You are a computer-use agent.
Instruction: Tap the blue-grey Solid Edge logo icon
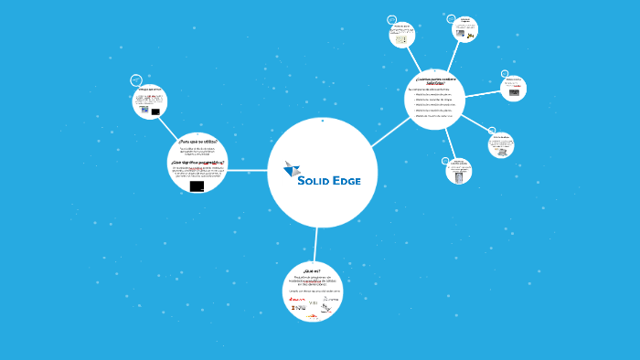292,169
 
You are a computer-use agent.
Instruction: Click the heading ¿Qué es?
314,270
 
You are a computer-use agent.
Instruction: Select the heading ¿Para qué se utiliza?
197,142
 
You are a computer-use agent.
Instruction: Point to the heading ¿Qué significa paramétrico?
197,161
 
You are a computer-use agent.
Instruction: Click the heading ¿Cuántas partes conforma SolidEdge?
434,81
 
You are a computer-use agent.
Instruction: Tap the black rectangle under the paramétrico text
197,185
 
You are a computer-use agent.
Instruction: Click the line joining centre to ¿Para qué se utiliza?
247,171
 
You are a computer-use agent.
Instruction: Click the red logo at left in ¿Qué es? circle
296,299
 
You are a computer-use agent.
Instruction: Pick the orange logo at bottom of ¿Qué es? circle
311,317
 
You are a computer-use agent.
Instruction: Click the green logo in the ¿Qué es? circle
314,302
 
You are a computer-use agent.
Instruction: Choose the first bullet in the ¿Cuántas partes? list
433,94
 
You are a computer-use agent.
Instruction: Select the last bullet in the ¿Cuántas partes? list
433,116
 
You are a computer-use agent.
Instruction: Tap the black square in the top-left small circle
155,111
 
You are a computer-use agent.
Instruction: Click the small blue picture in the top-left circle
144,110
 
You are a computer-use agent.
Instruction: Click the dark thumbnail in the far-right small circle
514,92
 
